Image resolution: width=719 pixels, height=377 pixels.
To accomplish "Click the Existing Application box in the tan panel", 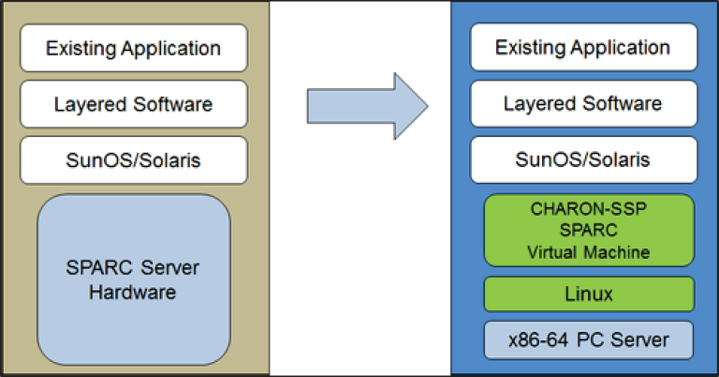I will point(134,48).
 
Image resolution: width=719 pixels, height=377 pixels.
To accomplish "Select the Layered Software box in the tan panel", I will point(134,104).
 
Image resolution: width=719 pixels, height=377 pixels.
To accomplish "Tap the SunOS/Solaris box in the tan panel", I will point(134,160).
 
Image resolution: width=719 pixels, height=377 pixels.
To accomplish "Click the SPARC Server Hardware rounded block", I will point(133,279).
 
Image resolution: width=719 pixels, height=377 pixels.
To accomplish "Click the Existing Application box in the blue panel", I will point(582,48).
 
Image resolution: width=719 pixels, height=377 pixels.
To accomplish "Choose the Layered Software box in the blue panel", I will point(582,104).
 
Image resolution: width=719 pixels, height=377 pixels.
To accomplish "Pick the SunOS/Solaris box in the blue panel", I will point(582,160).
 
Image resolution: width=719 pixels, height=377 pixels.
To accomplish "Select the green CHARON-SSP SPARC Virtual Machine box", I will point(589,229).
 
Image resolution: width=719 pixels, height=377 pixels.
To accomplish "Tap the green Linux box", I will point(589,294).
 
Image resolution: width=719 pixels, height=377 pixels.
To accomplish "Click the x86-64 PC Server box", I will point(589,339).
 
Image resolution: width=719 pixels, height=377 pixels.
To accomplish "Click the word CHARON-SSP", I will point(589,210).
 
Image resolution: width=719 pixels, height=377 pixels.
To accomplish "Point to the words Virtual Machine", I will point(589,251).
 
